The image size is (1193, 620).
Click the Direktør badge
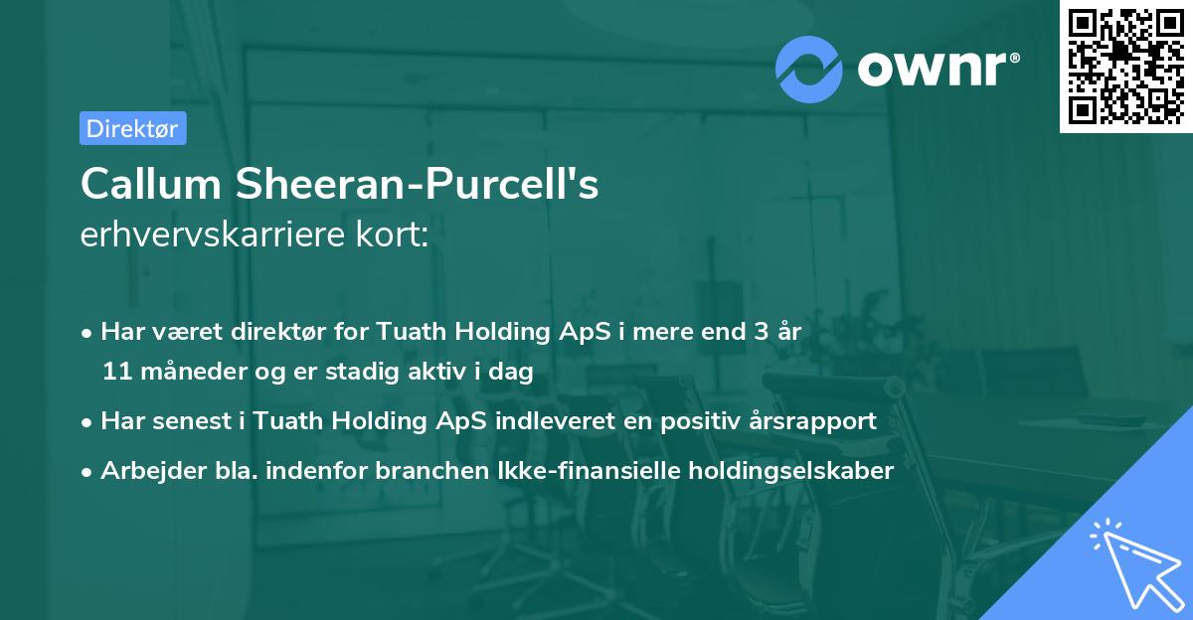coord(132,128)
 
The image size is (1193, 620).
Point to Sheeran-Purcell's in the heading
coord(418,184)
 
